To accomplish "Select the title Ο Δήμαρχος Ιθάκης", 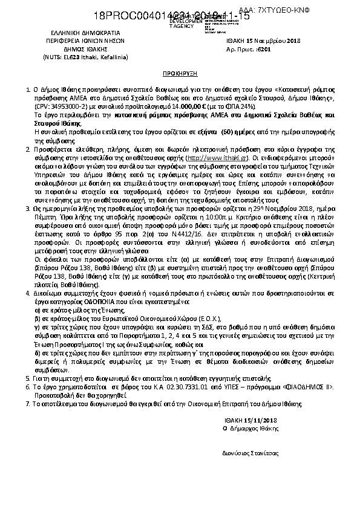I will pyautogui.click(x=254, y=410).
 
